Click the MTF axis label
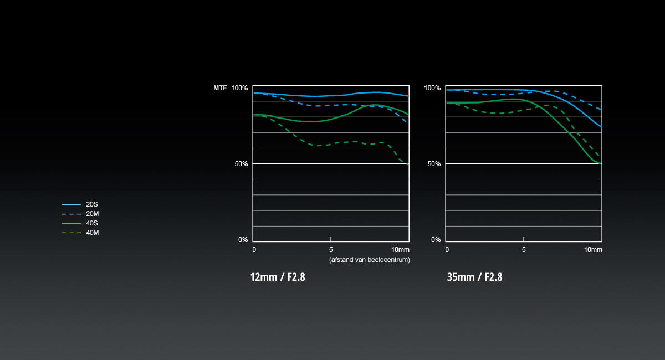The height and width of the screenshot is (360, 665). pyautogui.click(x=220, y=88)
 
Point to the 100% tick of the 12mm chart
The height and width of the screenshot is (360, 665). pyautogui.click(x=239, y=88)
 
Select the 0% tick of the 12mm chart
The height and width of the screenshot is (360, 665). pyautogui.click(x=243, y=240)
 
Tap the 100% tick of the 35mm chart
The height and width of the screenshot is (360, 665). pyautogui.click(x=432, y=88)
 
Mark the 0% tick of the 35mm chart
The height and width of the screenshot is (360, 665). pyautogui.click(x=436, y=240)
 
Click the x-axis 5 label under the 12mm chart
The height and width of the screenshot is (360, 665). pyautogui.click(x=331, y=250)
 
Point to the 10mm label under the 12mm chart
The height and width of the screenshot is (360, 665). pyautogui.click(x=400, y=250)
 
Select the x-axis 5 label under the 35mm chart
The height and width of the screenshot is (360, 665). pyautogui.click(x=524, y=250)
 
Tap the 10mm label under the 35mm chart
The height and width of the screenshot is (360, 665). pyautogui.click(x=593, y=250)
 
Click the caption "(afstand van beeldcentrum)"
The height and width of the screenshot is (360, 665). pyautogui.click(x=369, y=260)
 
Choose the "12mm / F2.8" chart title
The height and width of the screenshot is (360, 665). pyautogui.click(x=278, y=277)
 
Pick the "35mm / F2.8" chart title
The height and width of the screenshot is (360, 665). pyautogui.click(x=474, y=277)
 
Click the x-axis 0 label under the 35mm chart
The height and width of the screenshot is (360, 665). pyautogui.click(x=447, y=250)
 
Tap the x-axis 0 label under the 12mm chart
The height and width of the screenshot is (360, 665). pyautogui.click(x=254, y=250)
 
